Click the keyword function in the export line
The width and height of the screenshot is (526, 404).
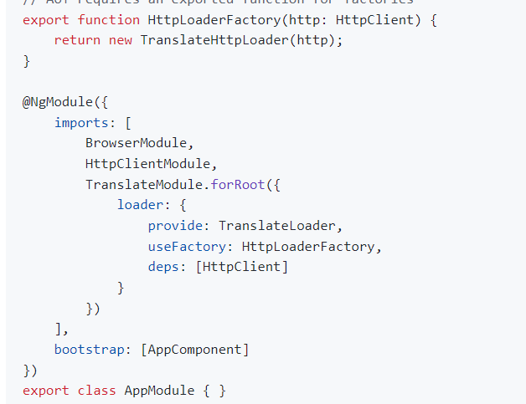tap(108, 20)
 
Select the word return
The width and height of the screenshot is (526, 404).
tap(77, 40)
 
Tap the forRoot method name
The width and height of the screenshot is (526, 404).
tap(230, 184)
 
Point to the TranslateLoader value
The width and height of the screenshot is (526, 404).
tap(281, 225)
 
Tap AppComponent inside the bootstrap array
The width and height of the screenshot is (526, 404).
tap(195, 349)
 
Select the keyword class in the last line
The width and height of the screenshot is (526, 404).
tap(96, 390)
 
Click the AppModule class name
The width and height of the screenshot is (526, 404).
tap(160, 390)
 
